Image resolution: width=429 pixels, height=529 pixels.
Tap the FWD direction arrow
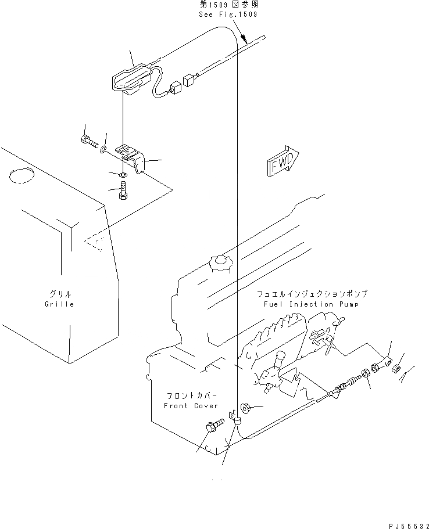[283, 161]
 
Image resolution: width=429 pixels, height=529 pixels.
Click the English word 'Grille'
[59, 304]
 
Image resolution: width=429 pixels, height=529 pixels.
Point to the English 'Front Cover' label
[191, 406]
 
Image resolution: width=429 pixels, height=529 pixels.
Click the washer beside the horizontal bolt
[102, 150]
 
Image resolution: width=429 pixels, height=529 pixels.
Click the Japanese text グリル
[59, 294]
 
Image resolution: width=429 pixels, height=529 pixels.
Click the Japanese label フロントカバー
[191, 395]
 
